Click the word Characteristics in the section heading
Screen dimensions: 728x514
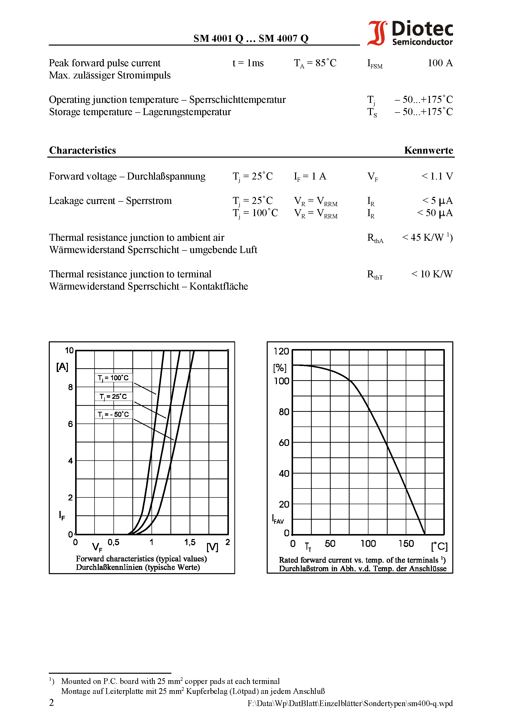(x=82, y=150)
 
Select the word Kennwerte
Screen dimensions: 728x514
(x=428, y=150)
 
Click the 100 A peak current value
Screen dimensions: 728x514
(x=440, y=63)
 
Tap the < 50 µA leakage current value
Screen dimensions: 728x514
(x=435, y=213)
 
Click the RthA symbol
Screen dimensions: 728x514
(x=375, y=238)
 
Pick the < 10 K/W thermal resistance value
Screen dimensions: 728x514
(x=432, y=274)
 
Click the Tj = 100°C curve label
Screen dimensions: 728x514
(x=113, y=378)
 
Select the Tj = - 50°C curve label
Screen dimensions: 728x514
(x=113, y=414)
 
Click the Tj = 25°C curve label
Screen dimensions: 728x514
(x=113, y=396)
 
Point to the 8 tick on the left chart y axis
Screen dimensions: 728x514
(x=70, y=387)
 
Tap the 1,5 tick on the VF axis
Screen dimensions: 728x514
(x=190, y=542)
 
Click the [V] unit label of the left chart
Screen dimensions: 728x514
(x=212, y=547)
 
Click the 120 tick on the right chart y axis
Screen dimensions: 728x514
(x=281, y=351)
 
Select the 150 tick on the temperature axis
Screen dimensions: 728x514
(x=406, y=544)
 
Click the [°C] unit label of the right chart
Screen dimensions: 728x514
(x=439, y=546)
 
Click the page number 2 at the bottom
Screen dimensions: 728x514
(x=51, y=702)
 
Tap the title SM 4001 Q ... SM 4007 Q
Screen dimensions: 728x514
(x=251, y=38)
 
